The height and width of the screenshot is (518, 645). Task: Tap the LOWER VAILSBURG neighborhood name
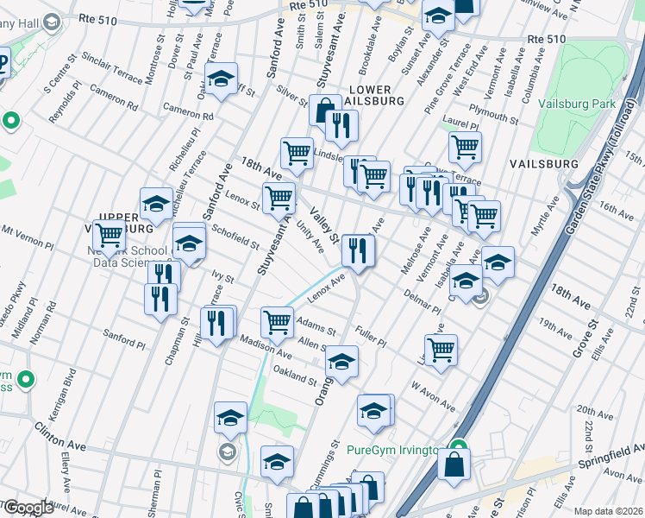click(371, 96)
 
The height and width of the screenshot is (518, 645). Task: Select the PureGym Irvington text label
click(392, 451)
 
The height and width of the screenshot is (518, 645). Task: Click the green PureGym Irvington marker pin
click(459, 450)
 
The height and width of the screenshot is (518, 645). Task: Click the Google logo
click(28, 508)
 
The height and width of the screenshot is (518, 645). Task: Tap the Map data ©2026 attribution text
click(608, 511)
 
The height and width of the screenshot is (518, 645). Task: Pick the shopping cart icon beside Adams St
click(277, 322)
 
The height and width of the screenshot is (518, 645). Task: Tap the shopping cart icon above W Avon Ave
click(441, 350)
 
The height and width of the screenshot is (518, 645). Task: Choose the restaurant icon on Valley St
click(357, 250)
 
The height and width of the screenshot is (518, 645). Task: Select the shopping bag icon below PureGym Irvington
click(454, 464)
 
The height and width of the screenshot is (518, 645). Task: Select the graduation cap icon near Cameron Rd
click(221, 79)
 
